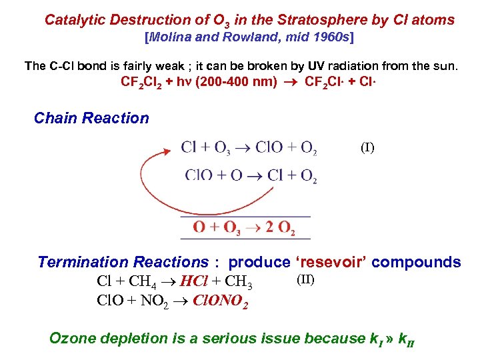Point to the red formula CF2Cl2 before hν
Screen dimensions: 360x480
(145, 83)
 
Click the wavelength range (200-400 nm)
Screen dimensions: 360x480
(235, 83)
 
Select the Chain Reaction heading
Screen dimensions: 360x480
(91, 119)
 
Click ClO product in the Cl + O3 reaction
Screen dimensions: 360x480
(270, 148)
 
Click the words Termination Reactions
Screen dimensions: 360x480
(123, 262)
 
